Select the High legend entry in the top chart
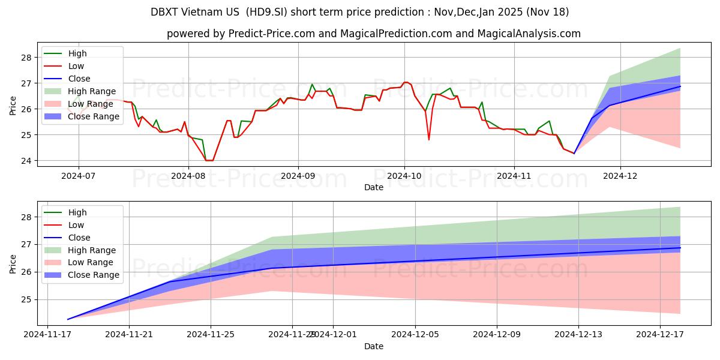[x=77, y=53]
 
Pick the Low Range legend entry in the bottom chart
[x=91, y=262]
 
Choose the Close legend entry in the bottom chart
[x=79, y=238]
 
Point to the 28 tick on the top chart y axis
[x=26, y=58]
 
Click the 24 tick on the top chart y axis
[x=26, y=161]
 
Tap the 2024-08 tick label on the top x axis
[x=188, y=176]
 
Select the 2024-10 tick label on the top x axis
[x=404, y=176]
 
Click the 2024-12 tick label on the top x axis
[x=620, y=176]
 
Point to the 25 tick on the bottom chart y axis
[x=26, y=299]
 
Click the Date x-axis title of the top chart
[x=374, y=187]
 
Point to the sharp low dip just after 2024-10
[x=429, y=140]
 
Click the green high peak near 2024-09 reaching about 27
[x=312, y=85]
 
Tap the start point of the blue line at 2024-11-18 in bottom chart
[x=68, y=319]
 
